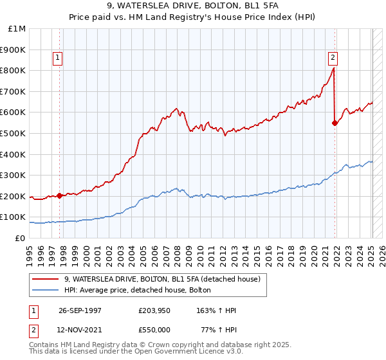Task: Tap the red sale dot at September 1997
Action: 59,195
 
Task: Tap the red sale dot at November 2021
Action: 335,123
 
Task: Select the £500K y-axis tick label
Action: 14,134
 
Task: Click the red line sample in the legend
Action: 46,279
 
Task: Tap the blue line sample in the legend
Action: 46,290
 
